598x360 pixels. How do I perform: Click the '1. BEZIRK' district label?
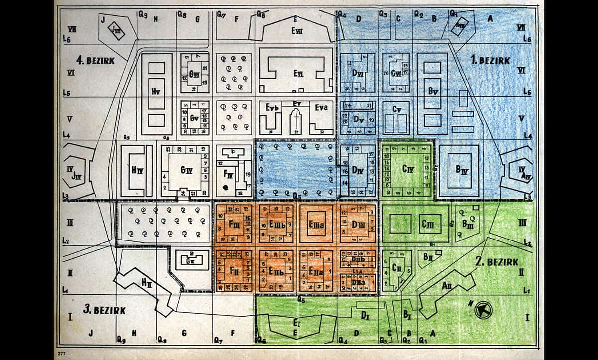491,61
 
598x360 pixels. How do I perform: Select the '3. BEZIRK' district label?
104,310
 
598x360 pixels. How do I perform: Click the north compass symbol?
483,310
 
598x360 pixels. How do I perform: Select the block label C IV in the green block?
407,169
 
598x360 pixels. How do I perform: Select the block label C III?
428,224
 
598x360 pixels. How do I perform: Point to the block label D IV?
357,170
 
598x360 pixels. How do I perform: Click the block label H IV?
137,170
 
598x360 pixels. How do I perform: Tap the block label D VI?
357,74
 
